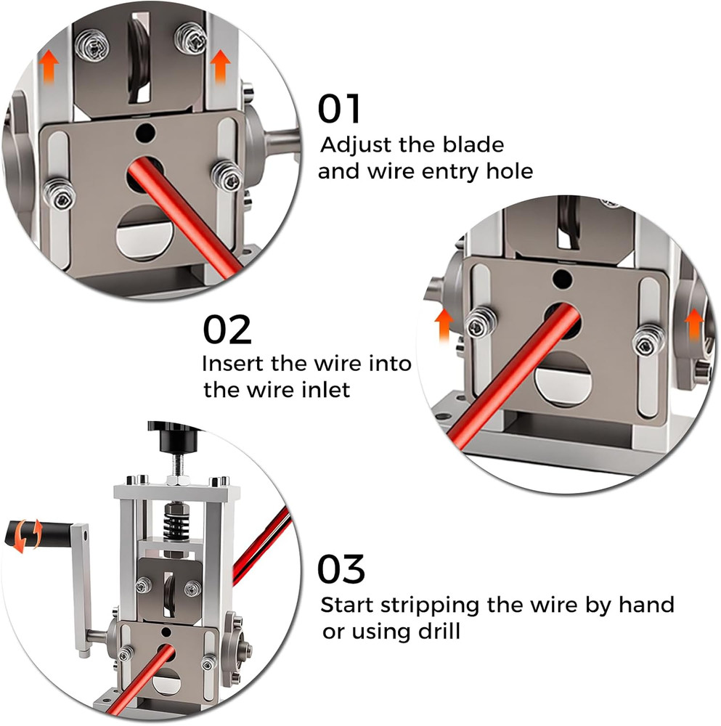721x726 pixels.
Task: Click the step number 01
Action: click(339, 108)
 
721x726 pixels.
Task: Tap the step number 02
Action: click(227, 330)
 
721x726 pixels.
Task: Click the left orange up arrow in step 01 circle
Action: click(49, 67)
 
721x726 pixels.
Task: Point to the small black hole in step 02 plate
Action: click(559, 277)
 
